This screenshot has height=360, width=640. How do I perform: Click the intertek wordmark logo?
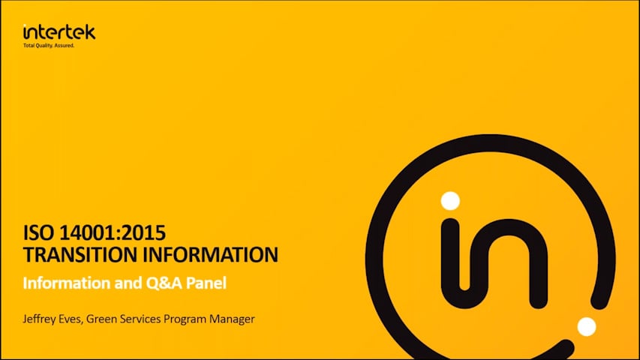[59, 31]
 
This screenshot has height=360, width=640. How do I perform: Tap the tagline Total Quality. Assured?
[49, 46]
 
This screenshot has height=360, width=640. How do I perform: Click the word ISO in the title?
[38, 233]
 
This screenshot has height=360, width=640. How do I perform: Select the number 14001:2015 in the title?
[113, 233]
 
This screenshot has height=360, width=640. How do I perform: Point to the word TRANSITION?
[80, 255]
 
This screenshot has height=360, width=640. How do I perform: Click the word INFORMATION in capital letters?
[211, 255]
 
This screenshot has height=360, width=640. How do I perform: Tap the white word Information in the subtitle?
[67, 283]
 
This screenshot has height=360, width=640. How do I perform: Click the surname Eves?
[71, 319]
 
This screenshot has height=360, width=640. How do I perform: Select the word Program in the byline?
[185, 319]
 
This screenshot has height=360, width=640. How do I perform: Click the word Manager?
[232, 319]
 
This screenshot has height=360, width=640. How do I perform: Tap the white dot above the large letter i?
[450, 201]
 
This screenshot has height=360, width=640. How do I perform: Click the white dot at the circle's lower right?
[587, 326]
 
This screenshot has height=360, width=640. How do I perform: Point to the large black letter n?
[506, 261]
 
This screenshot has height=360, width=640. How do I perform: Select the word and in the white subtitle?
[128, 283]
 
